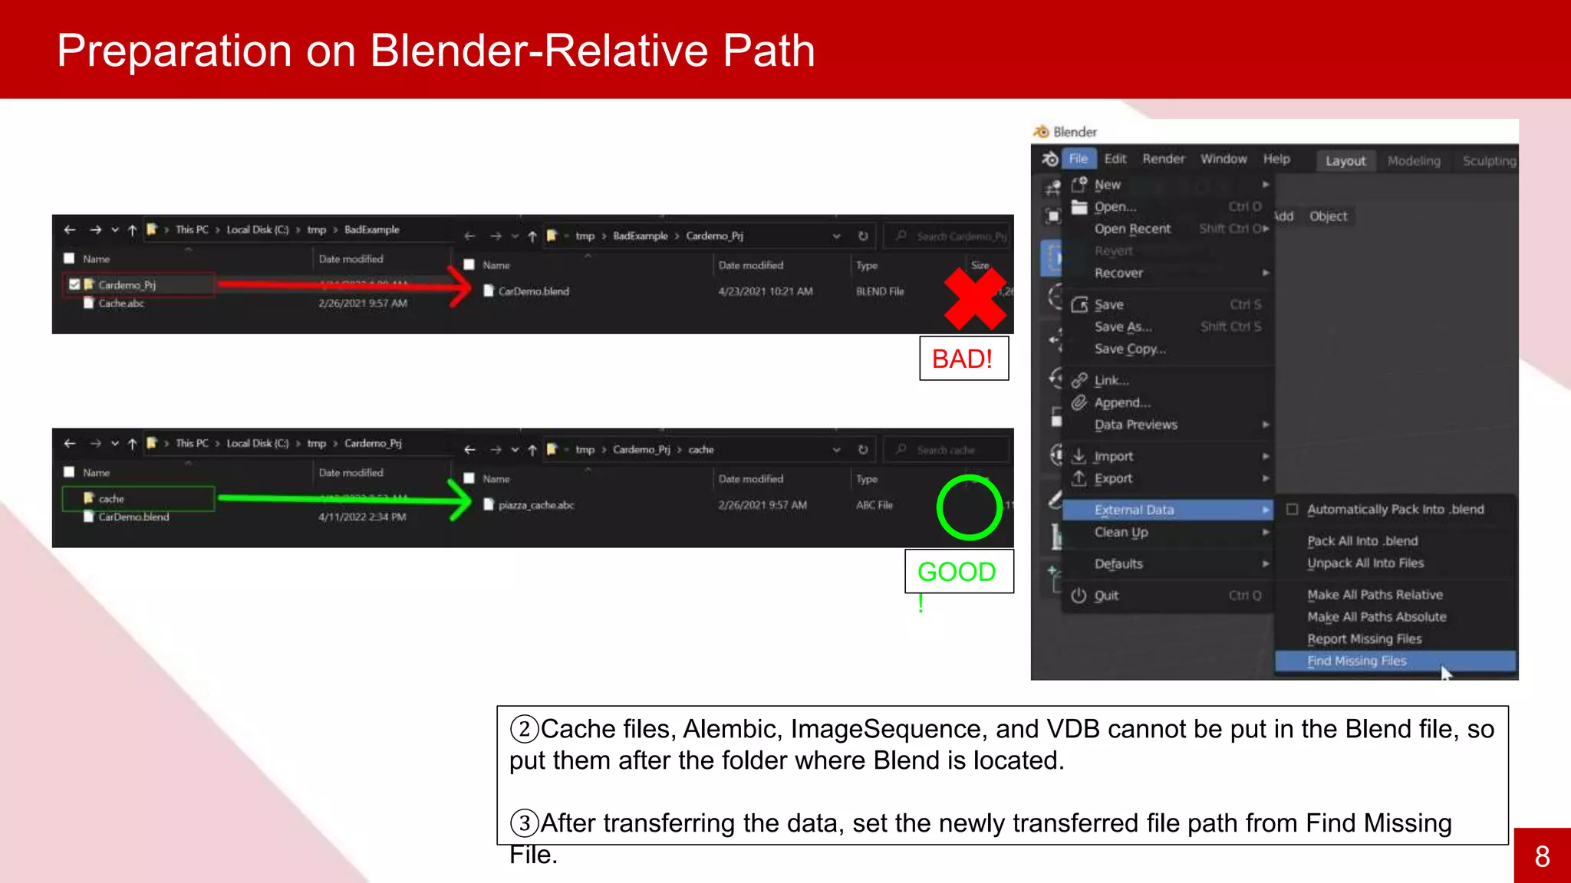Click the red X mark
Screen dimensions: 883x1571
point(974,298)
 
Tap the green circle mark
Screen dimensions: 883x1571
point(969,507)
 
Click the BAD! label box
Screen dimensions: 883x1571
point(963,359)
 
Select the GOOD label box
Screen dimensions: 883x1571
point(958,572)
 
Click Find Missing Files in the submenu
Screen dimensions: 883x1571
point(1356,661)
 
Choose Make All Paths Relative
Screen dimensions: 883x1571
point(1375,595)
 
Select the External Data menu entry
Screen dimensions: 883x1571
point(1134,510)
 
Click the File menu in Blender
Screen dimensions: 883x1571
point(1078,159)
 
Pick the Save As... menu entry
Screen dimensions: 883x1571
point(1122,327)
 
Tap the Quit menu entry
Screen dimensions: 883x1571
point(1106,596)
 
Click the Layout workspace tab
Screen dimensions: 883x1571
point(1345,161)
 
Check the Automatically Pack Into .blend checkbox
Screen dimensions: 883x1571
point(1293,510)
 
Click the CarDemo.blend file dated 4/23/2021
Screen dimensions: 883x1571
point(533,291)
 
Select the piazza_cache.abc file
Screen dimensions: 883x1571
point(535,505)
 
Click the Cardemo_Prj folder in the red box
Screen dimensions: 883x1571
point(127,285)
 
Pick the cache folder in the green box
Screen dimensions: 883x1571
point(110,499)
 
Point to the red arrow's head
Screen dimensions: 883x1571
point(463,286)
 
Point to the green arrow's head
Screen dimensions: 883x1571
point(463,499)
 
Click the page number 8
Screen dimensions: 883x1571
point(1542,856)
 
